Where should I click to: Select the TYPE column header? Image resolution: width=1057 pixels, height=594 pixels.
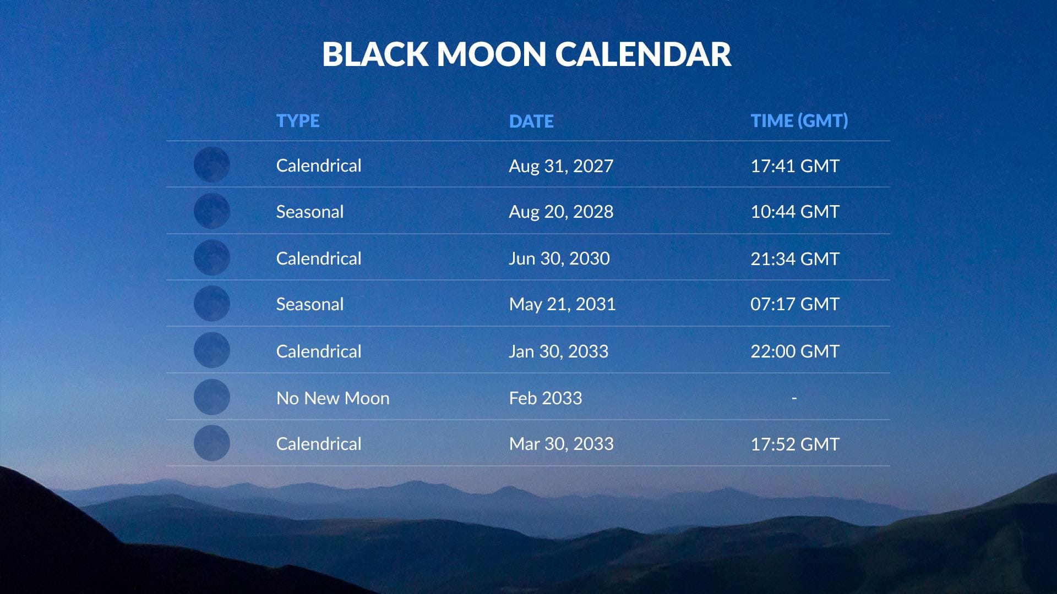click(x=297, y=121)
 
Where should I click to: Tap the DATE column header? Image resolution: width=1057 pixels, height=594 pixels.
click(x=531, y=121)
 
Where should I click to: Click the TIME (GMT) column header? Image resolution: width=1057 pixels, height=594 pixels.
click(x=799, y=121)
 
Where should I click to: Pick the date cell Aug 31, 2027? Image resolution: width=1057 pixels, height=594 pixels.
click(x=560, y=166)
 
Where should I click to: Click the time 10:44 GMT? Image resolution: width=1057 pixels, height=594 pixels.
click(x=794, y=212)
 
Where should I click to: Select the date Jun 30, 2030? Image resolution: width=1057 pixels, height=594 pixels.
click(x=559, y=258)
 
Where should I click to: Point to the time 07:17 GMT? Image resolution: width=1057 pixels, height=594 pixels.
click(x=794, y=304)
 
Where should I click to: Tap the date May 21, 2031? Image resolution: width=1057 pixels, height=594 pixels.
click(x=562, y=304)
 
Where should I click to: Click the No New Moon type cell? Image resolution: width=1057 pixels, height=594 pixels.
click(x=333, y=398)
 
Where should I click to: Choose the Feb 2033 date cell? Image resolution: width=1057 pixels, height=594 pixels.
click(x=545, y=398)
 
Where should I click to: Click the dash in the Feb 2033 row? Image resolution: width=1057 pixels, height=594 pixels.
click(x=794, y=398)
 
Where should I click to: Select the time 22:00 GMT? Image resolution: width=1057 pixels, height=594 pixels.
click(x=794, y=351)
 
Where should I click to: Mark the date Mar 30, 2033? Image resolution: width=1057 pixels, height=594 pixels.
click(x=560, y=444)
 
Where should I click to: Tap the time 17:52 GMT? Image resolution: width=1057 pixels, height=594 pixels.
click(x=794, y=444)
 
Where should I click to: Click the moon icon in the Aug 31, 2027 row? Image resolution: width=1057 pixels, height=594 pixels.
click(x=211, y=164)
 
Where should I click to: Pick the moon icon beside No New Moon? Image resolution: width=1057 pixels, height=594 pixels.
click(x=211, y=397)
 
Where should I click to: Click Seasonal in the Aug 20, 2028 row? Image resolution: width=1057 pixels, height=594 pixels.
click(x=309, y=212)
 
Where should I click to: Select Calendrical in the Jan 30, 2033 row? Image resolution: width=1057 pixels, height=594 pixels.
click(x=318, y=351)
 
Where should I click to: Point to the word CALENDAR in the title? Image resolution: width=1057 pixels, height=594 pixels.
click(x=642, y=54)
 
